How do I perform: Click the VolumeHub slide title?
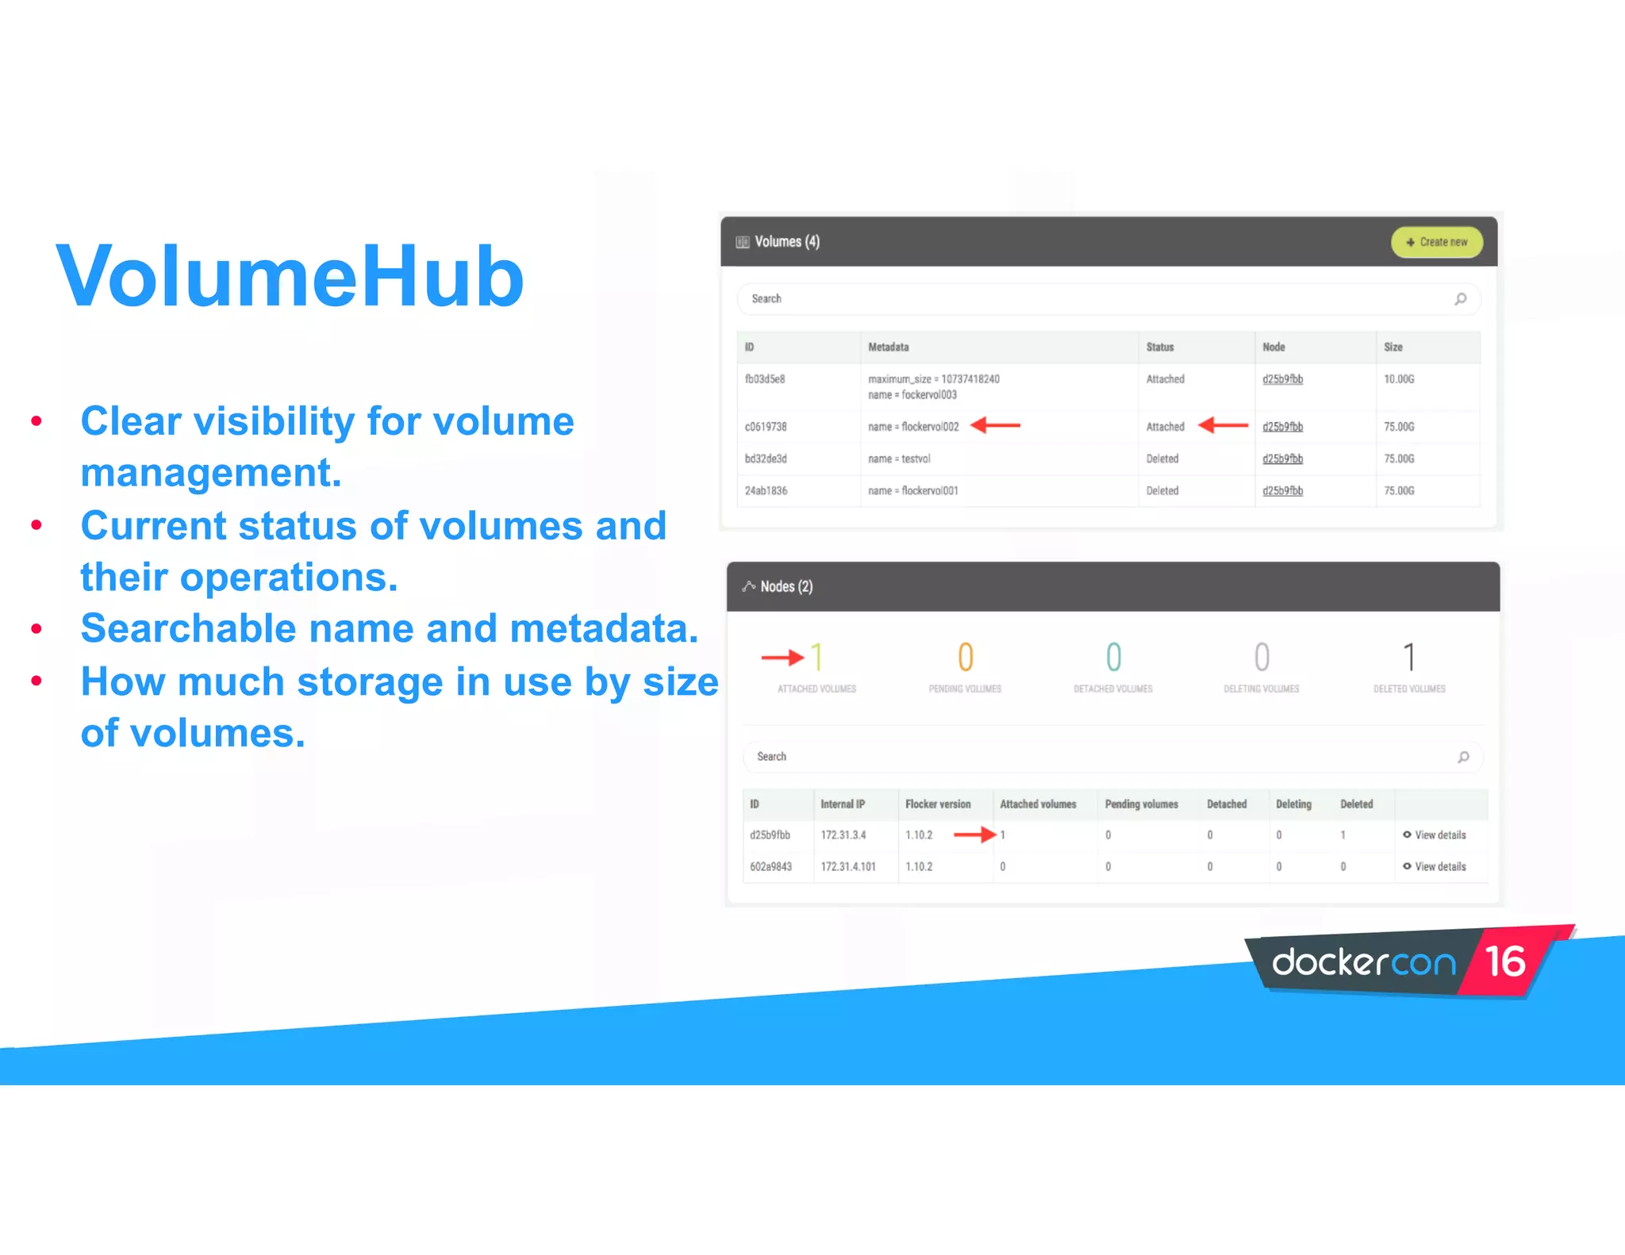click(x=290, y=276)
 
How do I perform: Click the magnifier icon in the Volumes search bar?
click(x=1460, y=299)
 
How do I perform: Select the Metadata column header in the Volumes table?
click(x=888, y=347)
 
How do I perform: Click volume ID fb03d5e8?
click(x=764, y=379)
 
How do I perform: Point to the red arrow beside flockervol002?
click(x=996, y=426)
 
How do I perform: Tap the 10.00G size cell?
click(x=1399, y=379)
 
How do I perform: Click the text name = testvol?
click(x=898, y=459)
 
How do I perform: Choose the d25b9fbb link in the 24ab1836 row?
click(x=1282, y=491)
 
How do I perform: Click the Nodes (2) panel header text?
click(x=786, y=586)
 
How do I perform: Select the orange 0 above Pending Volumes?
click(x=965, y=658)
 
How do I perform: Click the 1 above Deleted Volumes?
click(x=1409, y=658)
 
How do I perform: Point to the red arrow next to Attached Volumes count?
click(x=782, y=658)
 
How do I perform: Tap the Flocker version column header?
click(x=937, y=804)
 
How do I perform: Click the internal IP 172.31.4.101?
click(x=847, y=867)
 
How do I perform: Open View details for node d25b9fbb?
click(x=1439, y=835)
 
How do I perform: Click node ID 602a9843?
click(x=770, y=867)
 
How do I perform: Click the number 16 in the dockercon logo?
click(x=1504, y=961)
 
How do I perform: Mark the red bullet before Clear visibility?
click(x=36, y=421)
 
